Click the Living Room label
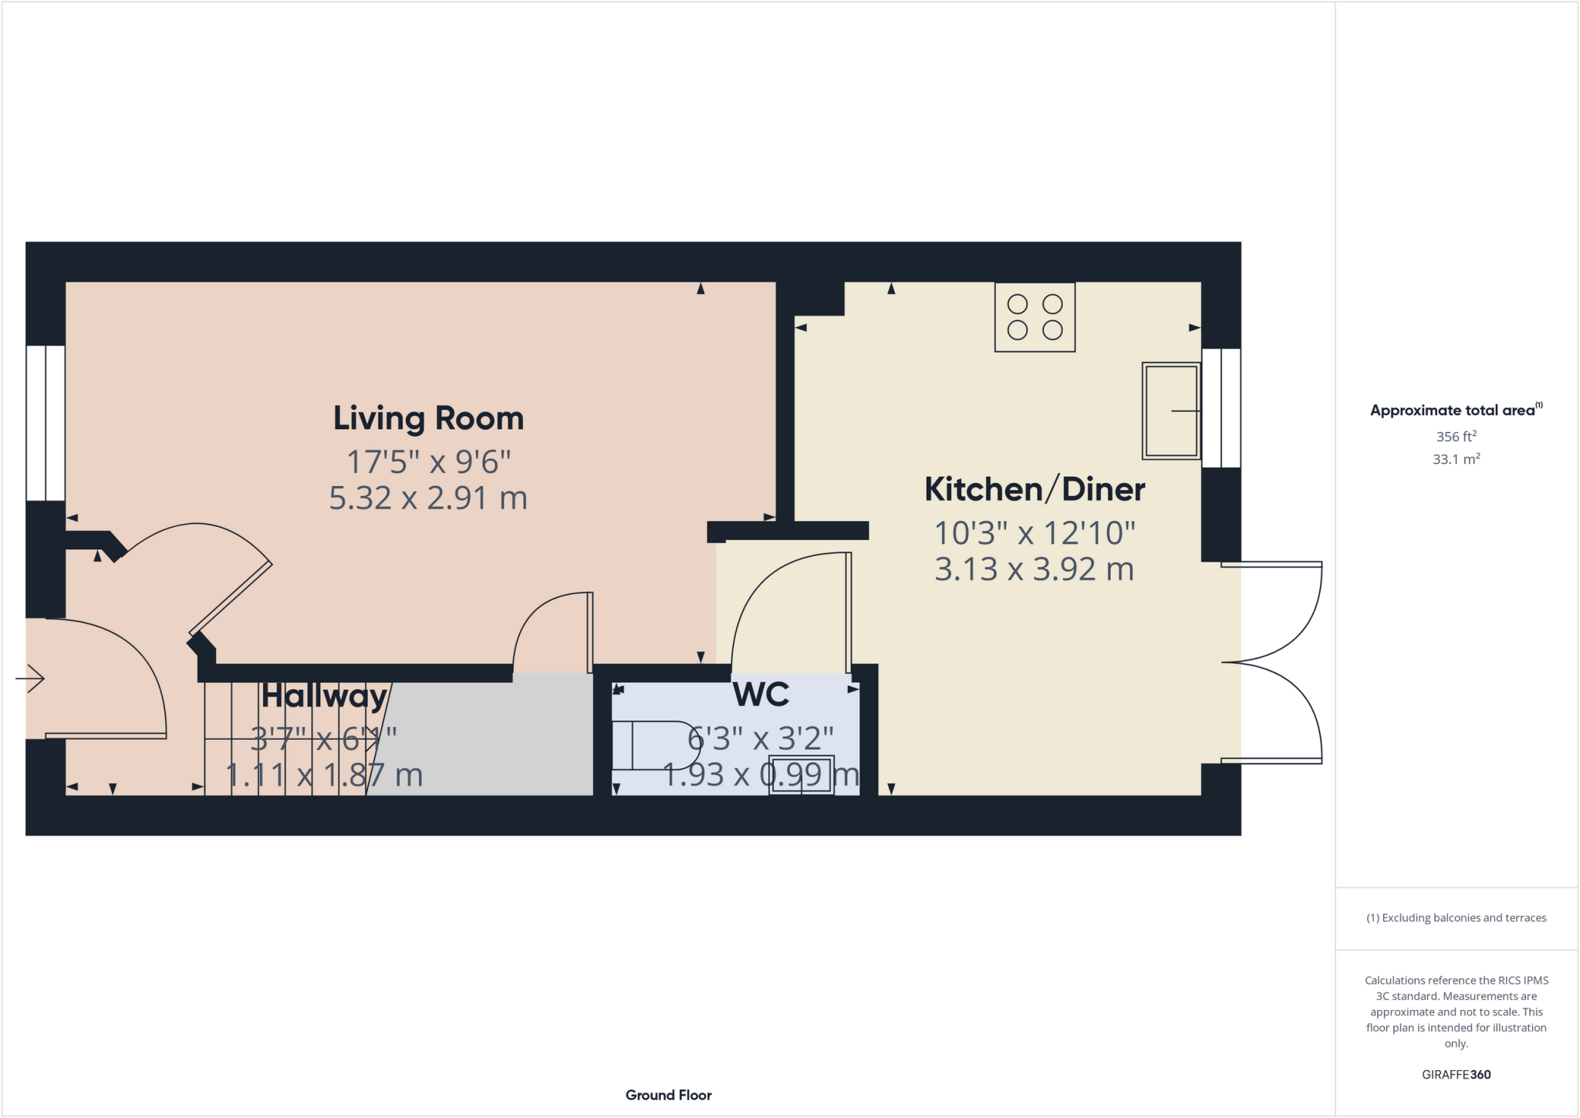(428, 418)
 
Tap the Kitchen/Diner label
(1034, 489)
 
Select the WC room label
(761, 694)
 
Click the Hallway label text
(323, 696)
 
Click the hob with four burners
(1035, 317)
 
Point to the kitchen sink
(1170, 411)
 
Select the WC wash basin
(802, 775)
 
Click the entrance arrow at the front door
(30, 679)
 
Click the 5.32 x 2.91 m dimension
(428, 498)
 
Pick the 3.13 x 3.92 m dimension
(1034, 569)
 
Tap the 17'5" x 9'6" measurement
(428, 462)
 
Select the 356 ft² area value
(1456, 436)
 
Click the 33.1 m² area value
(1456, 459)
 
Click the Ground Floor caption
(668, 1095)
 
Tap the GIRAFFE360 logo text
(1456, 1074)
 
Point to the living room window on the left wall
(46, 423)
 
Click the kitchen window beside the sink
(1221, 408)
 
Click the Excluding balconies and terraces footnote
(1456, 917)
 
